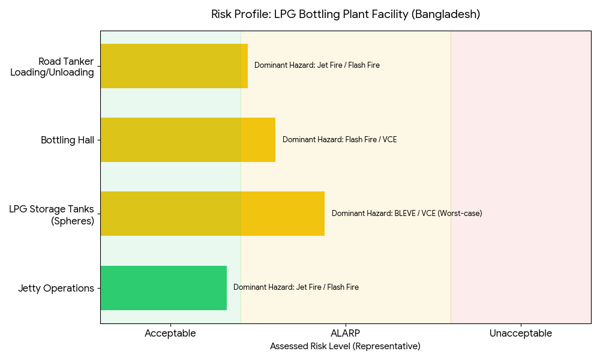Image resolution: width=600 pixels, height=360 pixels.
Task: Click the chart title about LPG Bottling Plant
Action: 345,14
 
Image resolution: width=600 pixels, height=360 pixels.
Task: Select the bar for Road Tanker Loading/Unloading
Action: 174,66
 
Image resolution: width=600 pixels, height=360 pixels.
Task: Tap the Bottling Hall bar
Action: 188,140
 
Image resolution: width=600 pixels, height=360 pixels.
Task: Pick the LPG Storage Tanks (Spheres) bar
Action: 212,214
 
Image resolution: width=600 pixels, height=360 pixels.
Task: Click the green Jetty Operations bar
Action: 163,288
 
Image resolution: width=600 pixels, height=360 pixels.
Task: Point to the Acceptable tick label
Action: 170,334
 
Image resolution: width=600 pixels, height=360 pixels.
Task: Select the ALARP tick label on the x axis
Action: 346,334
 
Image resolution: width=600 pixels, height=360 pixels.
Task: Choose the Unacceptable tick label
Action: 521,334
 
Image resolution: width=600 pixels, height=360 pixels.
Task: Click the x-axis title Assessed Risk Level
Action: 345,346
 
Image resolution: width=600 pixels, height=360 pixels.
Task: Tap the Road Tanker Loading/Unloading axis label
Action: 53,67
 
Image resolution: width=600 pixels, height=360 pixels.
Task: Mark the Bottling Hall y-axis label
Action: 67,140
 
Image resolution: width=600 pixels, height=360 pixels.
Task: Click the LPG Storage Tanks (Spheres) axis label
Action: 52,215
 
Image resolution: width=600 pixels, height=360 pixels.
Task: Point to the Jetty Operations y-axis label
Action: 56,289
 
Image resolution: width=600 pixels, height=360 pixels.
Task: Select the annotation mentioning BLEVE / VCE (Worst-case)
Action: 407,214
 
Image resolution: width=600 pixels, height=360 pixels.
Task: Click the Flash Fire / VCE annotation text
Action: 340,140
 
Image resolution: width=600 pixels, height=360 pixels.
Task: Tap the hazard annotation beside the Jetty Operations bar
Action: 296,287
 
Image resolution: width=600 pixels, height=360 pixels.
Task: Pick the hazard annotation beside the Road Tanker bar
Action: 317,65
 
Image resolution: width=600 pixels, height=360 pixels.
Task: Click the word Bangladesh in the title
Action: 446,14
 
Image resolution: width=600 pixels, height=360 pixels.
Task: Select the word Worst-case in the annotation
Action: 461,214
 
